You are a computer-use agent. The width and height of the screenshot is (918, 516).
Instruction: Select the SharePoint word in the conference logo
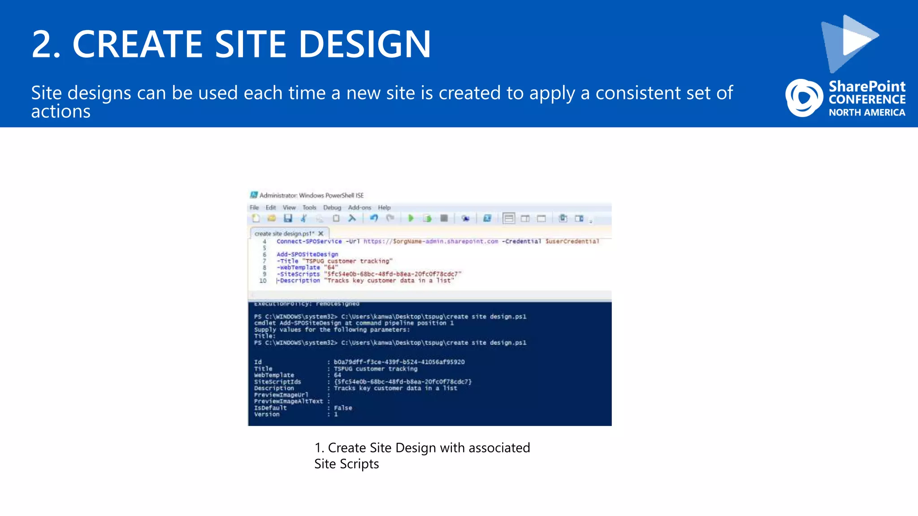[x=867, y=86]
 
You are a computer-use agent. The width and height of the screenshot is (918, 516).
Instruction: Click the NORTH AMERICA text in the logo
[x=867, y=112]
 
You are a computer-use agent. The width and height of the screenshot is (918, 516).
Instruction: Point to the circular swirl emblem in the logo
[x=804, y=98]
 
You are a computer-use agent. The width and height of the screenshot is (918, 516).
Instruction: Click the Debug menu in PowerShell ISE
[x=332, y=207]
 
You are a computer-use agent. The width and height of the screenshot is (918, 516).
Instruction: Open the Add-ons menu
[x=359, y=207]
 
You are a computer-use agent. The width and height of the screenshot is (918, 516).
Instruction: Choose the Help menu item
[x=384, y=207]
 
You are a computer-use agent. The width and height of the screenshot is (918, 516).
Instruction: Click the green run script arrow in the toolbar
[x=411, y=218]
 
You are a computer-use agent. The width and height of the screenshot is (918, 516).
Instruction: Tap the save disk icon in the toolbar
[x=288, y=218]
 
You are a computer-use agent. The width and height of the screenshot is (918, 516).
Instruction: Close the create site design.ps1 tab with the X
[x=321, y=233]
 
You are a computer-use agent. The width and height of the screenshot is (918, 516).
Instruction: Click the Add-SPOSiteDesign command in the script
[x=307, y=254]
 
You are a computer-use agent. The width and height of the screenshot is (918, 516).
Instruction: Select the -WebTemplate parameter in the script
[x=299, y=267]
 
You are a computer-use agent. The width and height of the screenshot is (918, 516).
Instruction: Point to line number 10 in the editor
[x=263, y=281]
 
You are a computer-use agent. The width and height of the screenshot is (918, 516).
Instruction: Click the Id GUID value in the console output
[x=399, y=362]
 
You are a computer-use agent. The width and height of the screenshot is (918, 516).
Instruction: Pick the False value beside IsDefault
[x=343, y=408]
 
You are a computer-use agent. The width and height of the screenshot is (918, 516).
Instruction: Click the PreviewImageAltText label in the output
[x=288, y=401]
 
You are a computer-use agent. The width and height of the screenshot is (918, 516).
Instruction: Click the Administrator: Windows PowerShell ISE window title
[x=312, y=195]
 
